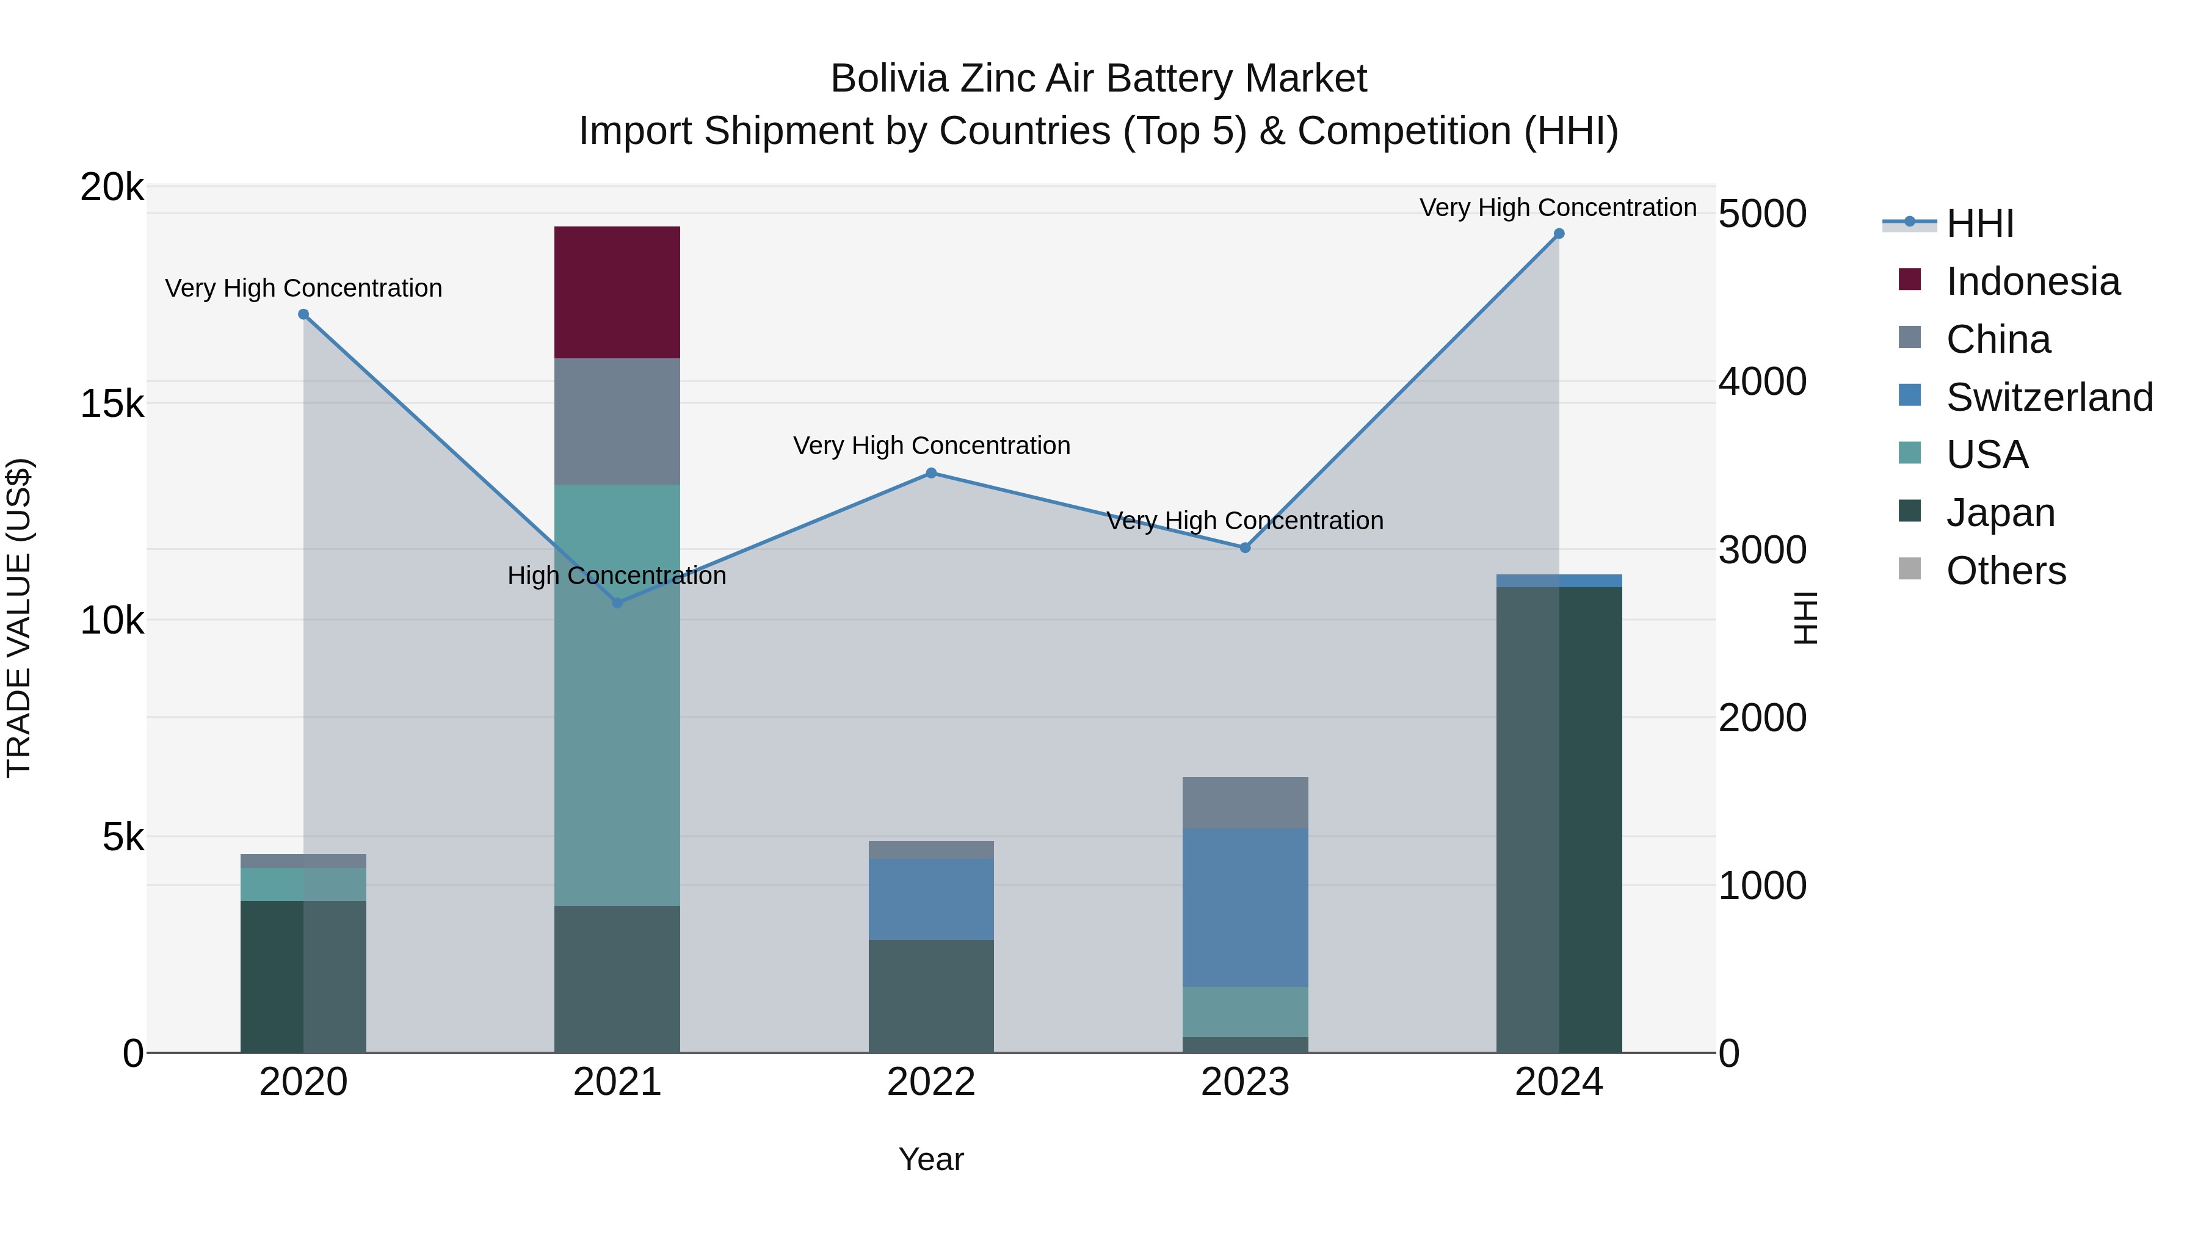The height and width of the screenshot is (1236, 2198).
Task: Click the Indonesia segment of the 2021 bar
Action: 617,292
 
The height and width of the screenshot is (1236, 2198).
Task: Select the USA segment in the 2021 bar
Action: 617,695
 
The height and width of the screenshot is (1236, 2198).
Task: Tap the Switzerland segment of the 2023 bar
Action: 1245,907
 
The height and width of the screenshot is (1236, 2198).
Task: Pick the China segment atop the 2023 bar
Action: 1245,802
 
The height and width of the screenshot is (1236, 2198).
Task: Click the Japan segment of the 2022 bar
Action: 931,996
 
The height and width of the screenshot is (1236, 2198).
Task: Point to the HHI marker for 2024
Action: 1559,234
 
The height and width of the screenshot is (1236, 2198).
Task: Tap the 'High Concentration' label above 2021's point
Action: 617,576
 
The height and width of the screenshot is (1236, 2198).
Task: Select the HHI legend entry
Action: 1979,223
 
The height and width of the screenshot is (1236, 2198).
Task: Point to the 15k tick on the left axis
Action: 112,403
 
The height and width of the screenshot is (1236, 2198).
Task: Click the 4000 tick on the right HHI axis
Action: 1762,381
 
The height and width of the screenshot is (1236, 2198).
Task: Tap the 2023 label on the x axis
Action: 1245,1082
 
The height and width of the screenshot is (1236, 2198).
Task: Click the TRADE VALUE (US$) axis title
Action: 19,618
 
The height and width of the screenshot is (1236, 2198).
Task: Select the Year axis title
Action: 931,1159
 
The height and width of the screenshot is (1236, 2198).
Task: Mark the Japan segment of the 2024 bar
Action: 1559,819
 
